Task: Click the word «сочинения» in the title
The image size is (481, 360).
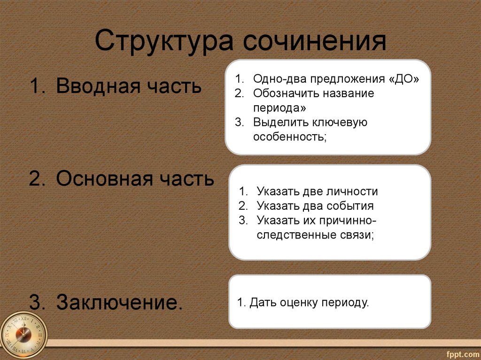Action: pyautogui.click(x=314, y=41)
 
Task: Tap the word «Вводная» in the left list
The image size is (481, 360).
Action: pyautogui.click(x=98, y=85)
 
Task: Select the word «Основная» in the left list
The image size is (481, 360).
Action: pyautogui.click(x=105, y=178)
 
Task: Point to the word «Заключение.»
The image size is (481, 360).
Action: pyautogui.click(x=119, y=302)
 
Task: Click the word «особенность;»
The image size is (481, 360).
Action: pyautogui.click(x=290, y=137)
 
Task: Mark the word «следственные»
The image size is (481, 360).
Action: pyautogui.click(x=296, y=235)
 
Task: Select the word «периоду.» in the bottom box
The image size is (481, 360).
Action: pyautogui.click(x=345, y=303)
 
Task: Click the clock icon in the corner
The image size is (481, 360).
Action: pyautogui.click(x=23, y=336)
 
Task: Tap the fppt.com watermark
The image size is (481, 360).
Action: pyautogui.click(x=463, y=354)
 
